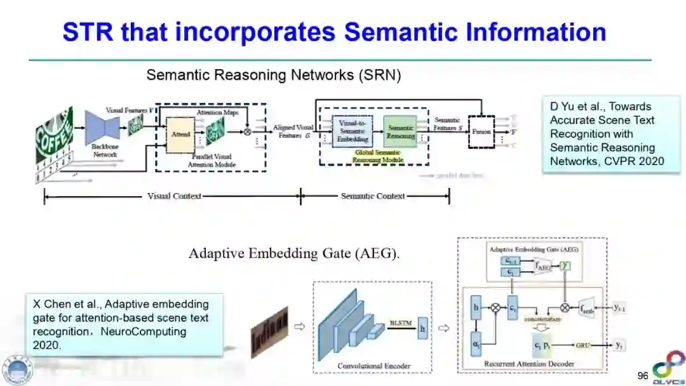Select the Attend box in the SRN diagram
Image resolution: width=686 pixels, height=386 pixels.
[x=180, y=135]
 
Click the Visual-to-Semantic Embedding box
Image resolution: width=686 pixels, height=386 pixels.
[x=352, y=131]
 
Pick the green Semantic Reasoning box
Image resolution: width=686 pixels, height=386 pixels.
[x=401, y=131]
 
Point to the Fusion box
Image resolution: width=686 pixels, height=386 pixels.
[x=481, y=131]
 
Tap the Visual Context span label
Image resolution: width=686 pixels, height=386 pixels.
[x=174, y=196]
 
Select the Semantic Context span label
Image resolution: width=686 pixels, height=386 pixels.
[x=373, y=196]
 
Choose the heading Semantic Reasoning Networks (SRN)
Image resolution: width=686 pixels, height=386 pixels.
[x=274, y=75]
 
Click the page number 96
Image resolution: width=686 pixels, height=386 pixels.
[x=643, y=376]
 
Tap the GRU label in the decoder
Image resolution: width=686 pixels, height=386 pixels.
[x=583, y=345]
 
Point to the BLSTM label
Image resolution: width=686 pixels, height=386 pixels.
[x=401, y=323]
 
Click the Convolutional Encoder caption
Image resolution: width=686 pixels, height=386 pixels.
[x=373, y=366]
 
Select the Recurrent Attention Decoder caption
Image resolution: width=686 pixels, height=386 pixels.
[x=529, y=364]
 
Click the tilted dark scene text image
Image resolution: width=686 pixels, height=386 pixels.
[x=270, y=328]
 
